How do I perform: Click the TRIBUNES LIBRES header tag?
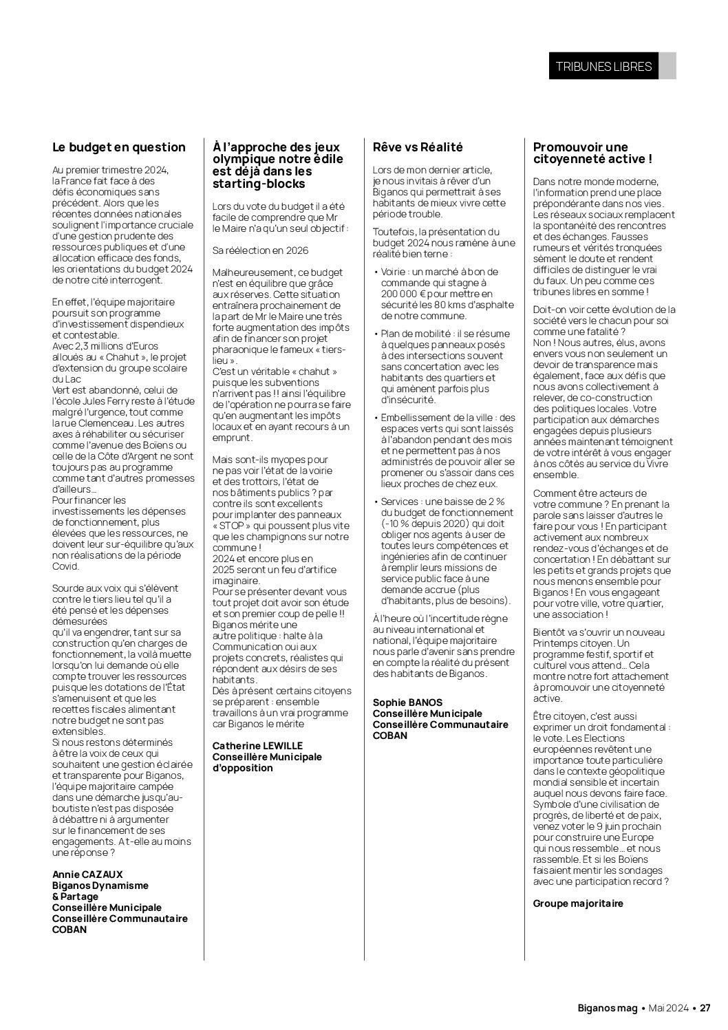tap(603, 67)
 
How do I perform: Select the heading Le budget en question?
tap(119, 147)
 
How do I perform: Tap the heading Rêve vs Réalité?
tap(418, 147)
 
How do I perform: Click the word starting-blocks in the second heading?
tap(259, 184)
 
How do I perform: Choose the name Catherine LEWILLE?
tap(257, 746)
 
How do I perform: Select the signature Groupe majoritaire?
tap(578, 903)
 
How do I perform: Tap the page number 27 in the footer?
tap(705, 1008)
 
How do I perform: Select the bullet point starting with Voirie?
tap(444, 294)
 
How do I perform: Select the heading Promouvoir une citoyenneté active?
tap(592, 153)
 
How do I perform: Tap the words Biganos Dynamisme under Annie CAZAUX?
tap(100, 886)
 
